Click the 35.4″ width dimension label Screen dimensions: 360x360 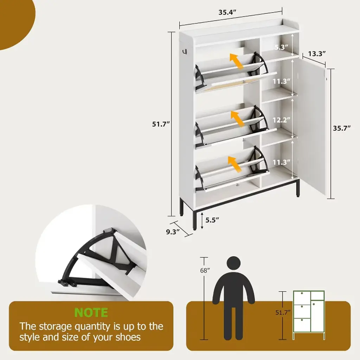click(227, 12)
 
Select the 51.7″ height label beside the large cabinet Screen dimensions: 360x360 click(161, 124)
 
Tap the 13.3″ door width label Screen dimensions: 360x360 click(317, 54)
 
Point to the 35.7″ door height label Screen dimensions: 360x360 click(342, 128)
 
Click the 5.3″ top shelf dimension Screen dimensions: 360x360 click(282, 47)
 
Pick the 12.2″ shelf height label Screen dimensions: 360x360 click(282, 120)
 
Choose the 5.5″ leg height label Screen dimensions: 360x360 click(212, 220)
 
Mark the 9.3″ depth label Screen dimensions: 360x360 click(173, 232)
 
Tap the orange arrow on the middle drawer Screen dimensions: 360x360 click(238, 118)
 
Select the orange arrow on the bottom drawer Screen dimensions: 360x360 click(235, 164)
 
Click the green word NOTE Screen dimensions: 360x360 click(91, 312)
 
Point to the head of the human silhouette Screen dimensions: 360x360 click(233, 263)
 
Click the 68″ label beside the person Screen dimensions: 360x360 click(205, 270)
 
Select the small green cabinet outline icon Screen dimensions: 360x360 click(309, 315)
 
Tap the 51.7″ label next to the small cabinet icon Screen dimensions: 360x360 click(283, 312)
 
